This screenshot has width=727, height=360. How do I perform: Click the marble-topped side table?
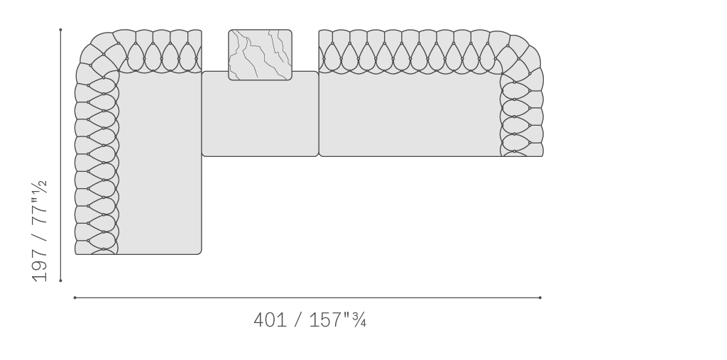[260, 55]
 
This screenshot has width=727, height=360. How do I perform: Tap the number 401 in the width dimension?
[270, 320]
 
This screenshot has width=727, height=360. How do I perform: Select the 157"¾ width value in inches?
[337, 320]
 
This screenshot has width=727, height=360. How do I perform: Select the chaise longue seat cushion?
[160, 163]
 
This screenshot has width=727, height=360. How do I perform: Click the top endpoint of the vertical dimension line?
[60, 30]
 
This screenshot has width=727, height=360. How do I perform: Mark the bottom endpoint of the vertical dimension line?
[60, 280]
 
